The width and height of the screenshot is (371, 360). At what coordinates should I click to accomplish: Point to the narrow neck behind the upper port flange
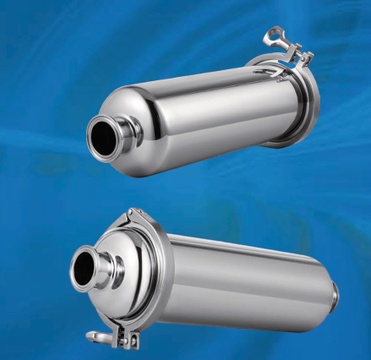[x=129, y=127]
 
